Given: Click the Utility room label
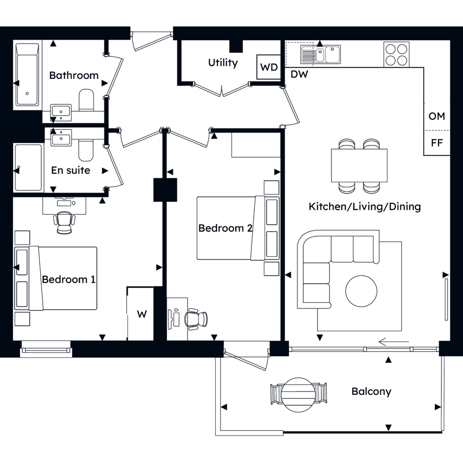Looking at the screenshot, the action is coord(222,63).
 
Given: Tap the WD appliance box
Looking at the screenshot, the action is coord(268,67).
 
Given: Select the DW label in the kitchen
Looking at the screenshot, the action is coord(299,74).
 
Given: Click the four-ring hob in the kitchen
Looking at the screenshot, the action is coord(396,54).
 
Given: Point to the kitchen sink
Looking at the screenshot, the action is coord(320,54).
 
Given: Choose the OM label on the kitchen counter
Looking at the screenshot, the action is coord(437,116).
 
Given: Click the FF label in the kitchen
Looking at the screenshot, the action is coord(437,143).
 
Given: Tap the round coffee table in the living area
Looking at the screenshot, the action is coord(361,291).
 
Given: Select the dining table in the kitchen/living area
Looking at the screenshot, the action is coord(359,166).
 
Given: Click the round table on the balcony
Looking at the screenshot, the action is coord(298,394).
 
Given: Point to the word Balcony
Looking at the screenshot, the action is coord(371,391).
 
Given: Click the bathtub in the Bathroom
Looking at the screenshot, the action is coord(27,74).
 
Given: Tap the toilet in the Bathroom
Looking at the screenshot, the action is coord(86,100).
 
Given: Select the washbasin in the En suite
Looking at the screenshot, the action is coord(61,138).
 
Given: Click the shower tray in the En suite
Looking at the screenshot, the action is coord(28,168).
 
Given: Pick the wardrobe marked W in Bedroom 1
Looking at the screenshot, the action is coord(140,314).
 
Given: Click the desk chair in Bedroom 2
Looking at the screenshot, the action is coord(196,319).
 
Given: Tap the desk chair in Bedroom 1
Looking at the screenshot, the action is coord(64,222).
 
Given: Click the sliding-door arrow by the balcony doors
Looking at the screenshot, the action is coord(393,342).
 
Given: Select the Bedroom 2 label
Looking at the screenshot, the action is coord(225,228).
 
